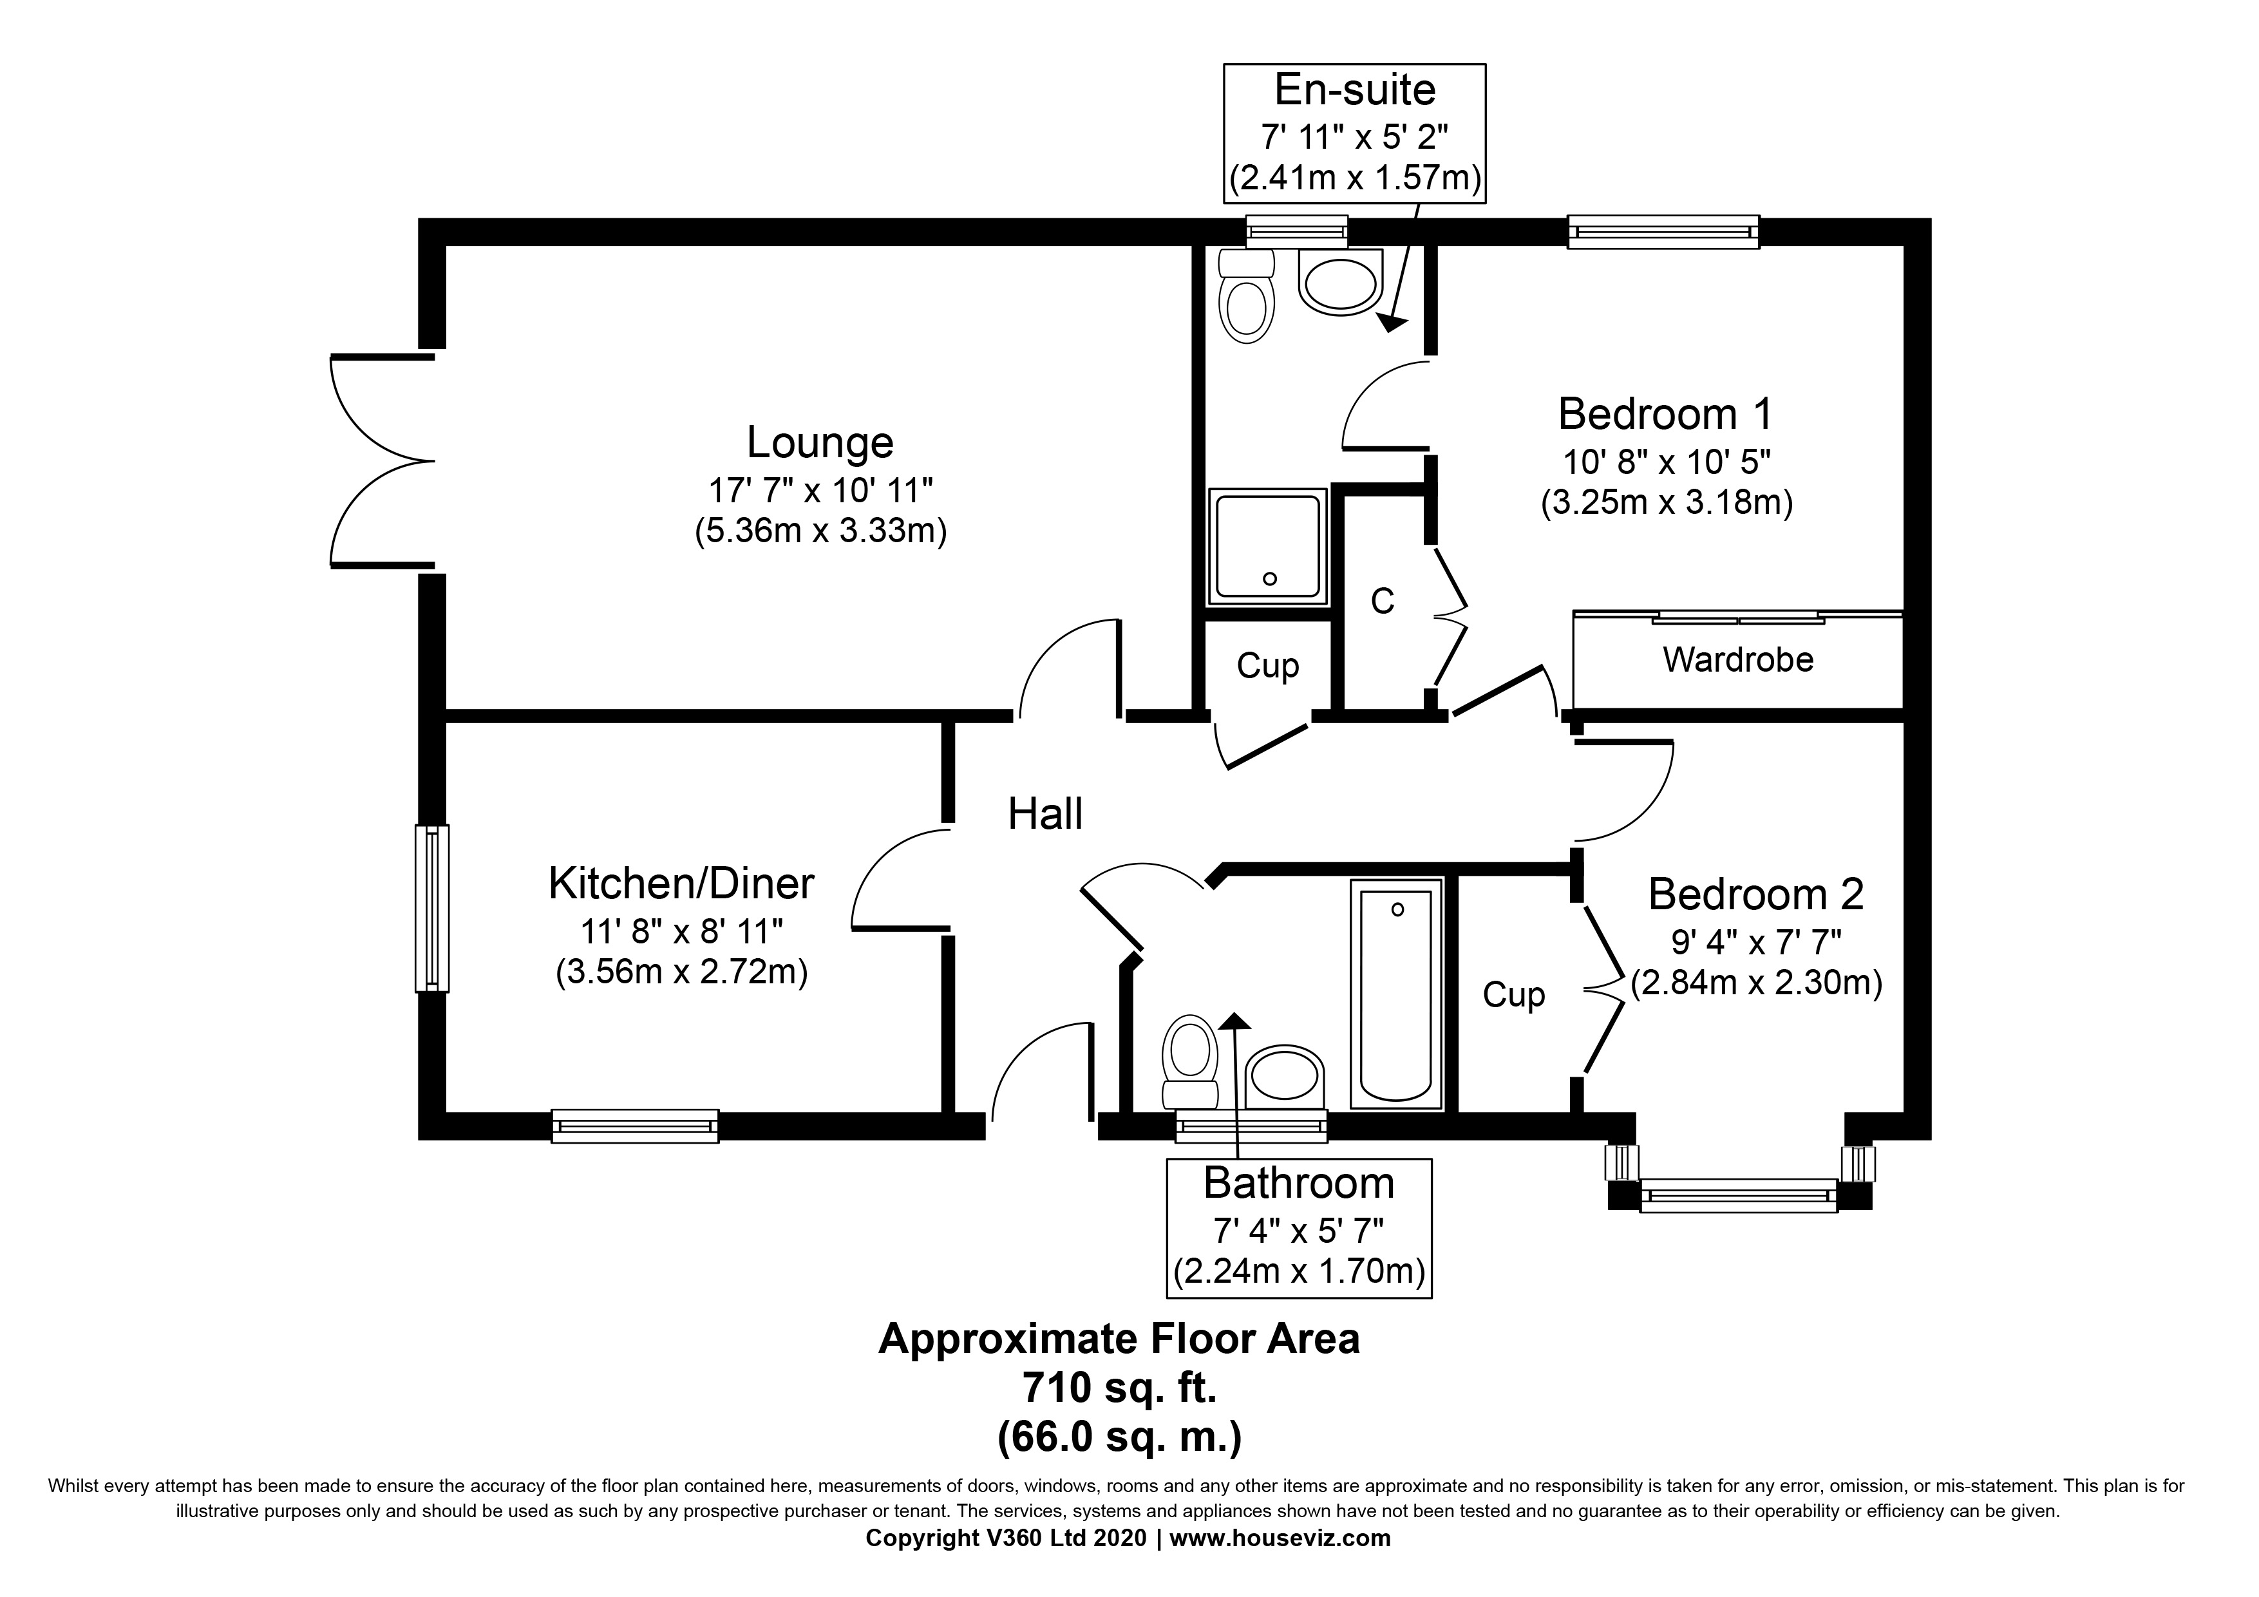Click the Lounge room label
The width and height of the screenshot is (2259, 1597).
coord(820,443)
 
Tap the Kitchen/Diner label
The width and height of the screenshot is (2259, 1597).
coord(681,884)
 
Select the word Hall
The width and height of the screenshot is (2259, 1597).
coord(1045,815)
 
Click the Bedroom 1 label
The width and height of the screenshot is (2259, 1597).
coord(1665,414)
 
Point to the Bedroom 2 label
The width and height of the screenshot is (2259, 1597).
coord(1755,894)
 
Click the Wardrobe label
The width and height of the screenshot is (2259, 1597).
coord(1737,659)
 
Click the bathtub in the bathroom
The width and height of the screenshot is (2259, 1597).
coord(1397,994)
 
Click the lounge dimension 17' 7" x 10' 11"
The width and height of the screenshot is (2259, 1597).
coord(820,489)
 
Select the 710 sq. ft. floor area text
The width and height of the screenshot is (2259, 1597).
coord(1119,1388)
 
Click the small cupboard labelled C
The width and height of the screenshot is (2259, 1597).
coord(1383,601)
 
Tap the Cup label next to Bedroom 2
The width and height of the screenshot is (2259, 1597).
coord(1513,995)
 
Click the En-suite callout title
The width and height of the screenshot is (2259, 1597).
coord(1354,91)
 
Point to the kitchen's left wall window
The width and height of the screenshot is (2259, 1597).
coord(431,908)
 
